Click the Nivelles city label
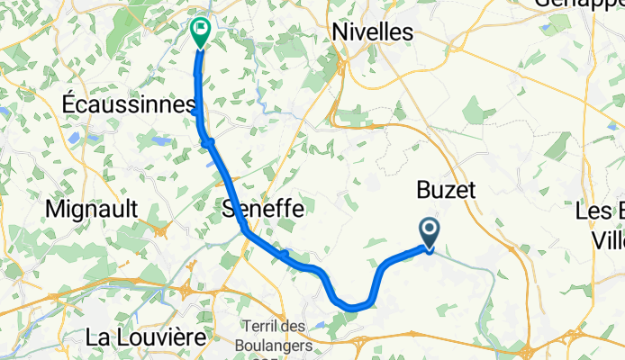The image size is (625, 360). pos(372,31)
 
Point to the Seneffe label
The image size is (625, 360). pos(262,209)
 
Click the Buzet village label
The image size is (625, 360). pos(445,190)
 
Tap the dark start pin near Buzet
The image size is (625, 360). pos(430,233)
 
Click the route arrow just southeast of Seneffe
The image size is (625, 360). pos(284,256)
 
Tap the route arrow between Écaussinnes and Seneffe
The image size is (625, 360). pos(208,142)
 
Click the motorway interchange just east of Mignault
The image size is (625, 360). pos(162,230)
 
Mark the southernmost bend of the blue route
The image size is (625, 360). pos(356,307)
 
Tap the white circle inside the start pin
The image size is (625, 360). pos(430,229)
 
